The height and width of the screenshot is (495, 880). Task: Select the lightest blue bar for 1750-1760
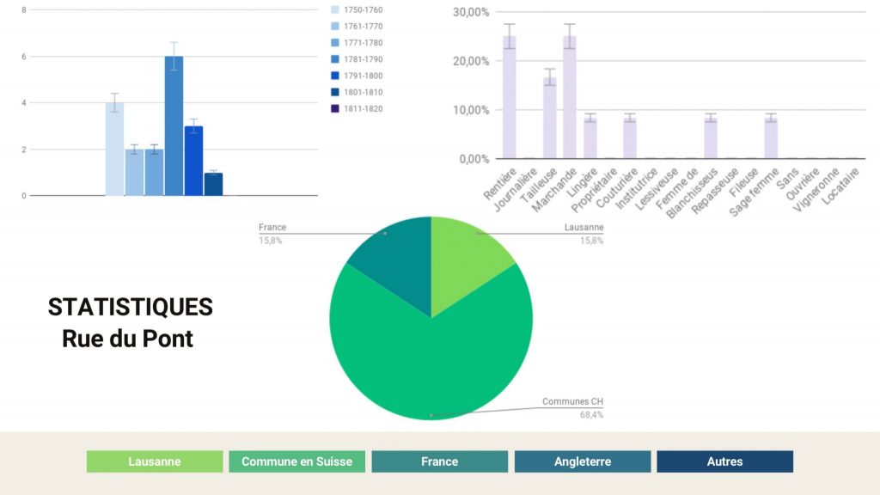click(x=114, y=150)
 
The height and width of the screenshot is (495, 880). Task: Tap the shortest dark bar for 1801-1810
click(x=213, y=185)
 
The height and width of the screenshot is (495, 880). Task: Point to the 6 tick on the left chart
click(x=23, y=57)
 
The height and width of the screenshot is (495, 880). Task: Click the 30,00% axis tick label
click(x=470, y=12)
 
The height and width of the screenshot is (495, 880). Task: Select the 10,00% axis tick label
click(x=470, y=110)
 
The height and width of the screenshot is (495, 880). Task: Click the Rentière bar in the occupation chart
click(x=509, y=98)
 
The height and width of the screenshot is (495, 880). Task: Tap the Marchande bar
click(x=569, y=98)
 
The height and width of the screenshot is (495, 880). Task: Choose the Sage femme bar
click(x=771, y=138)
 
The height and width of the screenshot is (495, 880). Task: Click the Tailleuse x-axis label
click(x=539, y=184)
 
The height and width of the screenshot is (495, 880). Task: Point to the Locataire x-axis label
click(x=840, y=184)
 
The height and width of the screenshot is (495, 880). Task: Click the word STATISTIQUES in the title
click(x=131, y=307)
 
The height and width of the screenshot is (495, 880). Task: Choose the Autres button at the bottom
click(x=724, y=461)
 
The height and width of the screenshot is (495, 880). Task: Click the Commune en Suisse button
click(x=296, y=461)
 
